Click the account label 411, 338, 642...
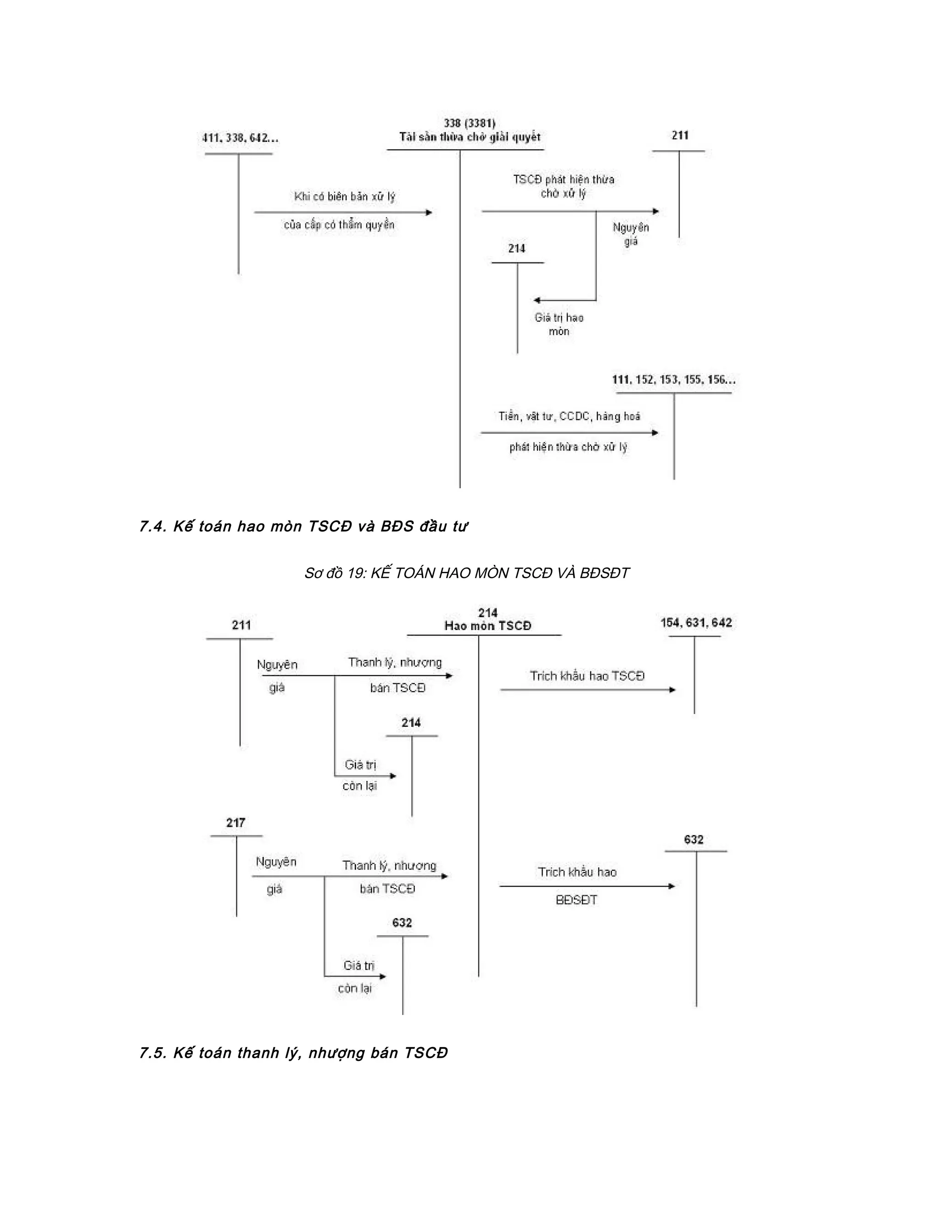[x=240, y=138]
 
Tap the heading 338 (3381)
[x=470, y=123]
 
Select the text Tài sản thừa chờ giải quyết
[x=470, y=137]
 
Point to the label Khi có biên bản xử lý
[x=344, y=196]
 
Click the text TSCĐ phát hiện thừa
[x=564, y=180]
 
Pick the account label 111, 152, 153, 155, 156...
[x=673, y=380]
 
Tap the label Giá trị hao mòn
[x=559, y=324]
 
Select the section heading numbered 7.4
[x=303, y=526]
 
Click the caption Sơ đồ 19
[x=467, y=573]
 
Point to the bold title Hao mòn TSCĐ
[x=488, y=626]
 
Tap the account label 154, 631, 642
[x=696, y=623]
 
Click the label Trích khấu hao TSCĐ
[x=587, y=676]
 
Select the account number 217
[x=235, y=823]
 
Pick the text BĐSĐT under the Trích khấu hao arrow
[x=576, y=900]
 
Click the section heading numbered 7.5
[x=293, y=1053]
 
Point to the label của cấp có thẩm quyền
[x=339, y=225]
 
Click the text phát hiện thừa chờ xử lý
[x=568, y=447]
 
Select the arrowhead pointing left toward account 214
[x=536, y=301]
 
